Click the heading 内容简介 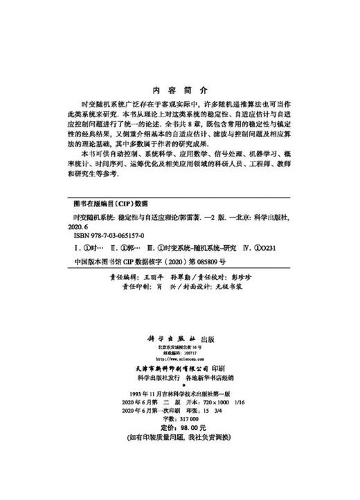click(179, 90)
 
